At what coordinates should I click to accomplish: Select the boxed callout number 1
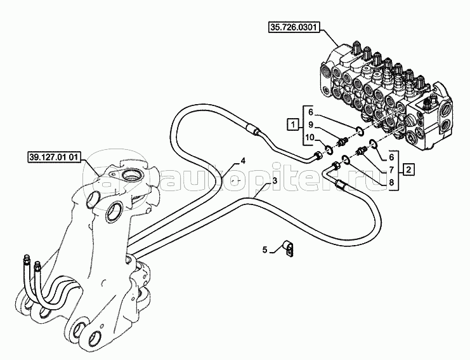[293, 124]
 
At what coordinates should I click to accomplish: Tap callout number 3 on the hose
[275, 180]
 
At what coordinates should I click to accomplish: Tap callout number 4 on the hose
[243, 161]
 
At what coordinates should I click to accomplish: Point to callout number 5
[264, 250]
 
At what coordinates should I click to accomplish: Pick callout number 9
[311, 124]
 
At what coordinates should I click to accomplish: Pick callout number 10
[310, 138]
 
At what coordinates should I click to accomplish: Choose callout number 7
[391, 170]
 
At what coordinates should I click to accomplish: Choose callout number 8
[391, 182]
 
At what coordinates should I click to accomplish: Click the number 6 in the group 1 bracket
[311, 112]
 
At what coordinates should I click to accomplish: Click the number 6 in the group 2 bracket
[391, 157]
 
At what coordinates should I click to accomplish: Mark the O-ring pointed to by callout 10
[329, 149]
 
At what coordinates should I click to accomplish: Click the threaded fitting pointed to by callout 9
[343, 140]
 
